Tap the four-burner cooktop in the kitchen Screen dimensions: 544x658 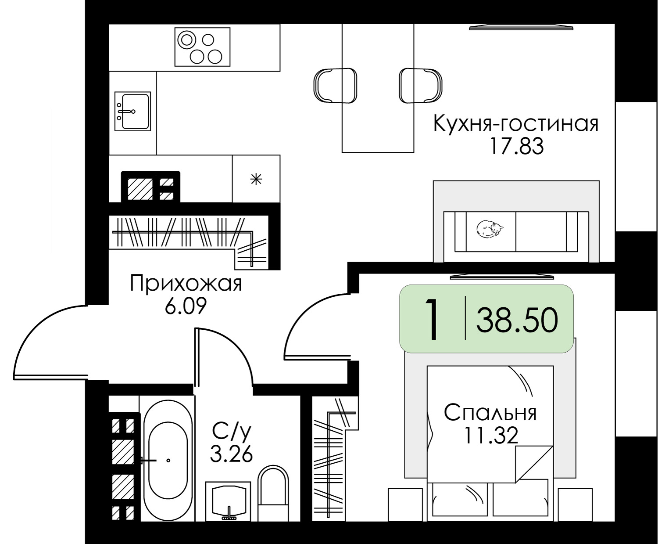(203, 47)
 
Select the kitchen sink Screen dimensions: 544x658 (132, 111)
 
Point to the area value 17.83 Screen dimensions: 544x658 (516, 147)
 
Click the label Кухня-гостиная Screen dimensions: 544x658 (516, 124)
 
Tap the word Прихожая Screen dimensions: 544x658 (186, 284)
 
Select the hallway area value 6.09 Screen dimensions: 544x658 (186, 306)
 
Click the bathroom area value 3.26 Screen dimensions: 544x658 (231, 454)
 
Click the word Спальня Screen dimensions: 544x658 (490, 413)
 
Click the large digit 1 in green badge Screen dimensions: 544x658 (432, 319)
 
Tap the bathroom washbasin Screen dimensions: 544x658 (229, 501)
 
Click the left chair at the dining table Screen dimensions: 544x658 (335, 85)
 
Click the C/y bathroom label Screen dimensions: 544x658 (231, 432)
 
